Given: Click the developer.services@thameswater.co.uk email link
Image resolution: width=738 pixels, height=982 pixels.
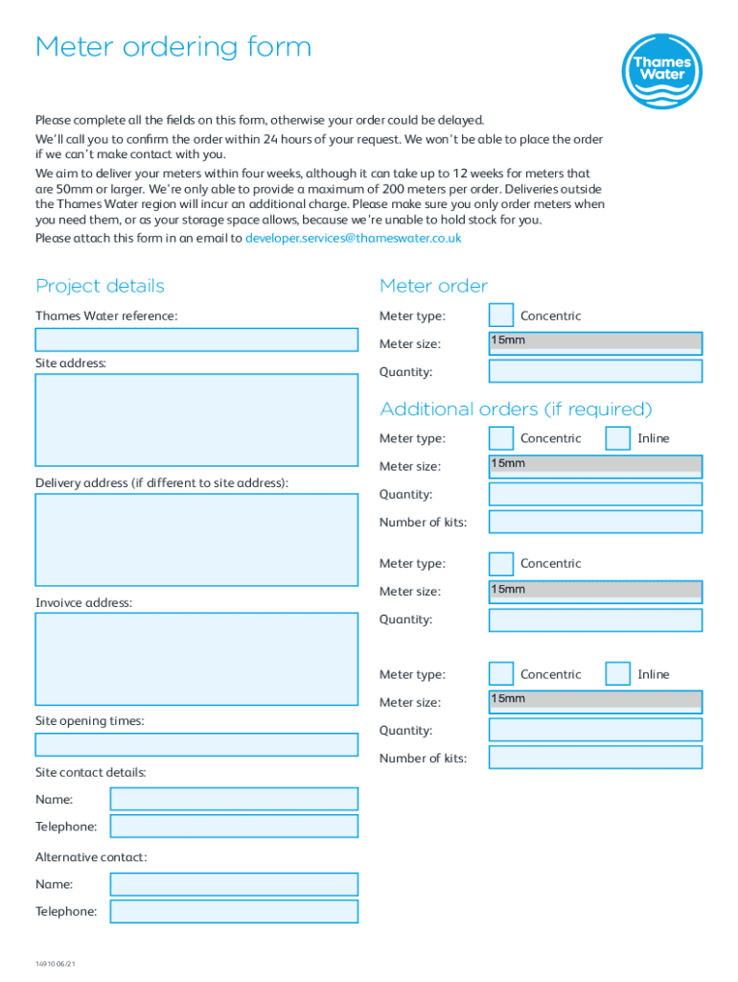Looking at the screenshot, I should [353, 238].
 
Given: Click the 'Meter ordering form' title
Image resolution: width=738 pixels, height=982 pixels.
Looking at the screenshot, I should [173, 47].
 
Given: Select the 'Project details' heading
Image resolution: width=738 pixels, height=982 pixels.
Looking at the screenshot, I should [100, 286].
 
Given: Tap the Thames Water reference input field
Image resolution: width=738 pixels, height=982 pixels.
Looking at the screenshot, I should [196, 339].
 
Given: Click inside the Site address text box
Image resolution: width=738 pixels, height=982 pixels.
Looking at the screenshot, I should [196, 419].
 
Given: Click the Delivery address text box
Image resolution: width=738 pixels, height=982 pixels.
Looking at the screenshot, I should [196, 539].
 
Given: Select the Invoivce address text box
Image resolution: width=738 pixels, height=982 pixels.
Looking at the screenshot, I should [196, 659].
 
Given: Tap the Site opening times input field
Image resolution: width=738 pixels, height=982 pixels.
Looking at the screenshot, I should [196, 744].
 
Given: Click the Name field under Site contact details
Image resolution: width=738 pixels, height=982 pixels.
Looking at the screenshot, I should [234, 799].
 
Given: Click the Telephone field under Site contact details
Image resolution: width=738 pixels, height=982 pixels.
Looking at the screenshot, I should [234, 827].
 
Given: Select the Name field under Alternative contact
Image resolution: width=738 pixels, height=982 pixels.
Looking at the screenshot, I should [234, 884].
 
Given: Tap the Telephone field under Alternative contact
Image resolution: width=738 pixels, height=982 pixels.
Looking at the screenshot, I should [234, 911].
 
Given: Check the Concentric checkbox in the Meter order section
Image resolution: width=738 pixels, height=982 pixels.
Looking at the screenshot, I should [501, 316].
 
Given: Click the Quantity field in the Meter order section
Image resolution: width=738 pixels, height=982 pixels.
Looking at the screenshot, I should [595, 371].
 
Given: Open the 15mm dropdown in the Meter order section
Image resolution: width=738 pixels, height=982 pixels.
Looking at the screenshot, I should [595, 342].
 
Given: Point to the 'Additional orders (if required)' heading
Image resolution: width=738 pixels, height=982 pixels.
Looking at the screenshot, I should [516, 409].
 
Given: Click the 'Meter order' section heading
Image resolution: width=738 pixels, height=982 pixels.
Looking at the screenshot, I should [433, 286].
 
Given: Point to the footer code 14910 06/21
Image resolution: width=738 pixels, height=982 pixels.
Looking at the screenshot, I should [55, 963].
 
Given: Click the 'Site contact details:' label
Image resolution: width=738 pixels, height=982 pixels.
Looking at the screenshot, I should [91, 772].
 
